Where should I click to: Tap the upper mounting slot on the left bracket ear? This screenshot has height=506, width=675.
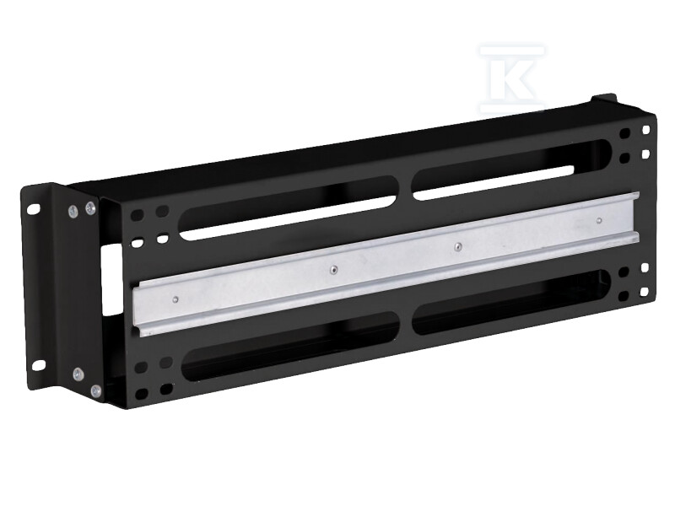[35, 207]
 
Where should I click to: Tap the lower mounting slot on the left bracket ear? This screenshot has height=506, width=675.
[38, 363]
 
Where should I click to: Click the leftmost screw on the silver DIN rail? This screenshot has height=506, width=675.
[175, 298]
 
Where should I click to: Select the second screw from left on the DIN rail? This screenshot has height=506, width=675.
[333, 270]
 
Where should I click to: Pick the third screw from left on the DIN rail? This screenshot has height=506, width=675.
[457, 247]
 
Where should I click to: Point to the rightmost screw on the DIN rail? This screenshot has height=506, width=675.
[598, 223]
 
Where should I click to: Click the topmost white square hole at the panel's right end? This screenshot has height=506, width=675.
[645, 130]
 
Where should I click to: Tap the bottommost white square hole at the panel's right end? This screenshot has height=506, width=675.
[644, 292]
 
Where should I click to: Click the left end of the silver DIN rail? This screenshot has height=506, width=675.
[138, 309]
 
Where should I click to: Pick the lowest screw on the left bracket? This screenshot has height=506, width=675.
[96, 390]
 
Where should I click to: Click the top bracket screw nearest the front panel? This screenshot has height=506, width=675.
[90, 207]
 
